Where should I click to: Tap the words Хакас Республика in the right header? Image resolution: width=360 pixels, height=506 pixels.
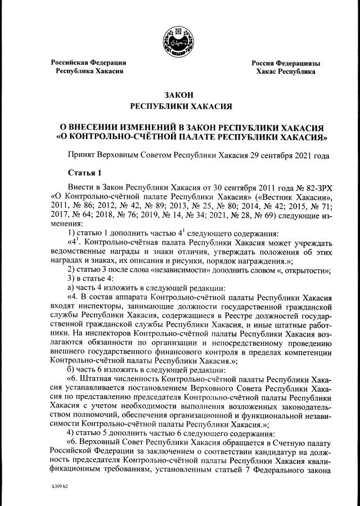(286, 72)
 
